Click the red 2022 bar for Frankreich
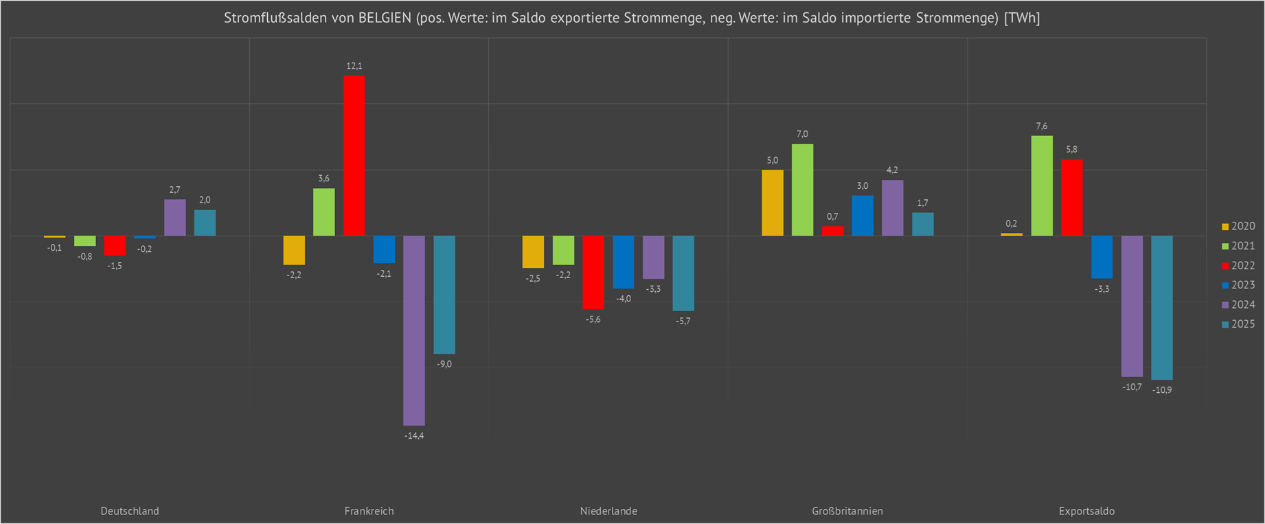[x=354, y=155]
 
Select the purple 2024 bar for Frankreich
[x=414, y=330]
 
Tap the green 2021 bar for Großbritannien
[x=802, y=190]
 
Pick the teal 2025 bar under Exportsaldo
[x=1162, y=308]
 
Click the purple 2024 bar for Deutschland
[x=174, y=218]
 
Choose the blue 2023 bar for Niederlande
[x=624, y=262]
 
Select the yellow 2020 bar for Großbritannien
[x=773, y=203]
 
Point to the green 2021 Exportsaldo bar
[x=1042, y=185]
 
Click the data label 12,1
[x=354, y=66]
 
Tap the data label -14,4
[x=414, y=436]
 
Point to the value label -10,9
[x=1162, y=390]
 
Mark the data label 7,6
[x=1042, y=126]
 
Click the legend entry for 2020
[x=1238, y=227]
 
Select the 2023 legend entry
[x=1238, y=285]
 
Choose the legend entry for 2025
[x=1238, y=324]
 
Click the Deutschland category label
[x=130, y=511]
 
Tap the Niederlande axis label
[x=608, y=511]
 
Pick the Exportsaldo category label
[x=1086, y=511]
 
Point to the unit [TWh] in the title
[x=1022, y=18]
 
